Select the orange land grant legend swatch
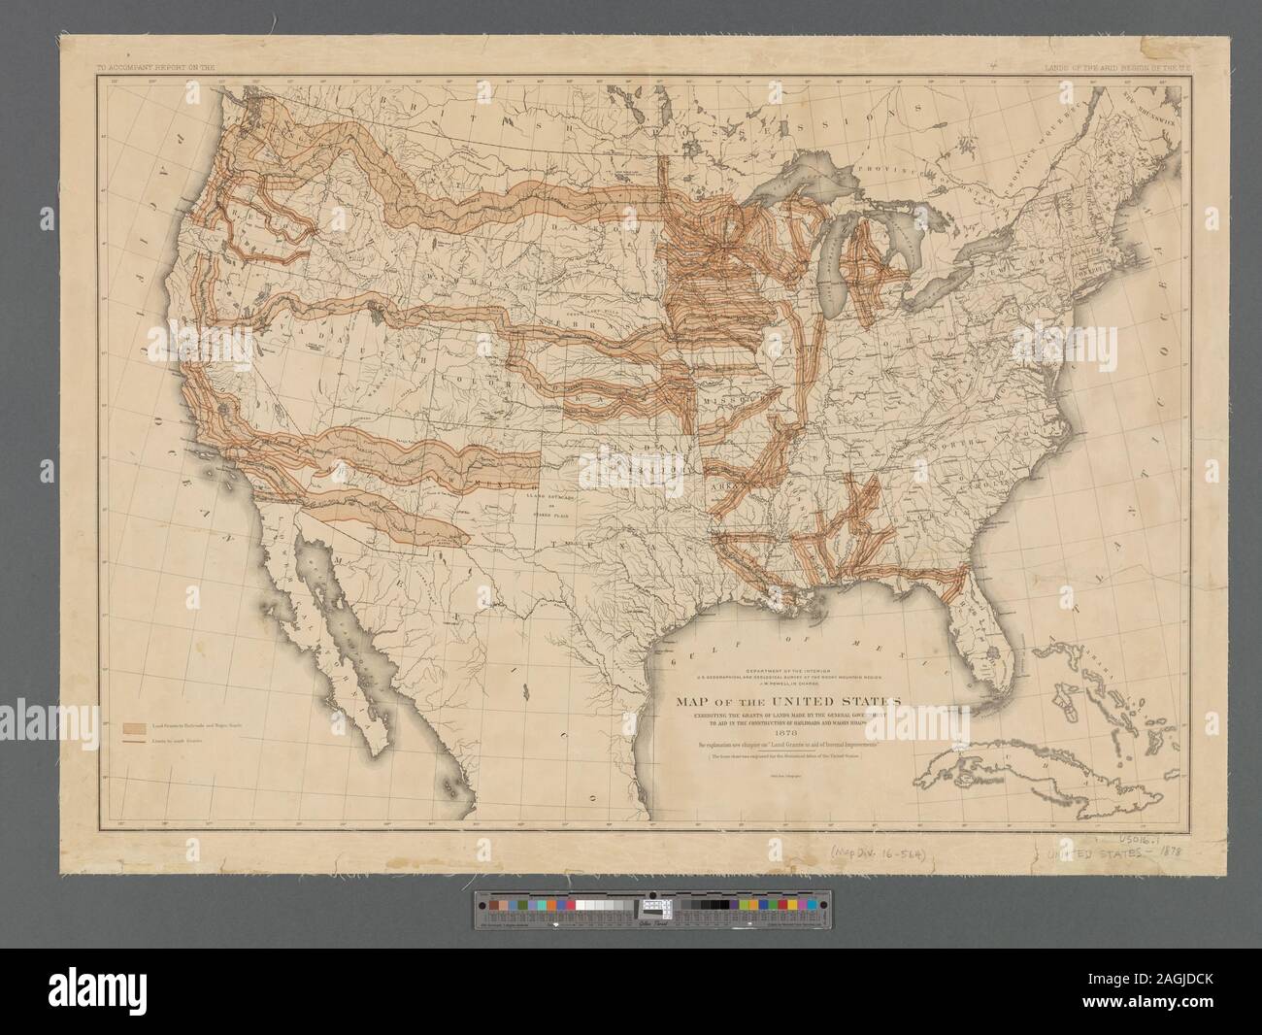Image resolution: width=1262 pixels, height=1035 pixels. [134, 725]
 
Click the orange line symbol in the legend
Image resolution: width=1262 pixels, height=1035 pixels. [134, 740]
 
